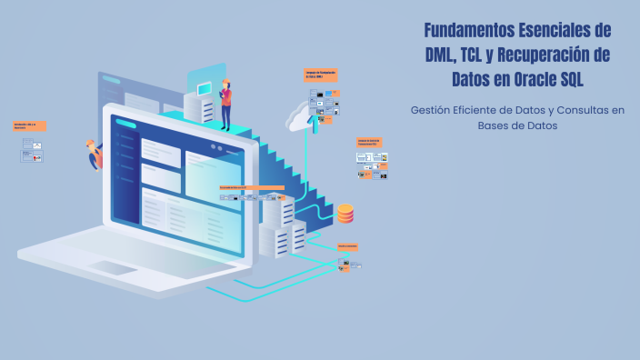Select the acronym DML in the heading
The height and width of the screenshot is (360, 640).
click(x=443, y=55)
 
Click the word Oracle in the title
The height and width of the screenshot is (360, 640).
click(x=534, y=79)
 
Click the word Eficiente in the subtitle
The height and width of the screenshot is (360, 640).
click(x=483, y=110)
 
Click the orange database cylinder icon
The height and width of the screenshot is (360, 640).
click(x=345, y=214)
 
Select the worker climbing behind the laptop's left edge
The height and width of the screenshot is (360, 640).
click(x=94, y=155)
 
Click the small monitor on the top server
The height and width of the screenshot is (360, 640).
click(x=205, y=87)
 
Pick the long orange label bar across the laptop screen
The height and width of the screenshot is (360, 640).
click(x=252, y=188)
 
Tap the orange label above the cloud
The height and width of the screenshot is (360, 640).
click(x=321, y=75)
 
